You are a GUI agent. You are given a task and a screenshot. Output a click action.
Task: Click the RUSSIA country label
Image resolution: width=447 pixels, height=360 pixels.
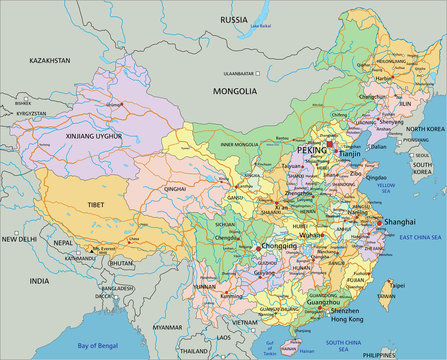pos(234,19)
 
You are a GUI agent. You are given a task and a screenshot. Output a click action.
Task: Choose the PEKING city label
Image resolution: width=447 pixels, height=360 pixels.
pos(310,149)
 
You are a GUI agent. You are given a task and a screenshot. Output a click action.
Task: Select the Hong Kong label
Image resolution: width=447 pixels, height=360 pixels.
pos(348,321)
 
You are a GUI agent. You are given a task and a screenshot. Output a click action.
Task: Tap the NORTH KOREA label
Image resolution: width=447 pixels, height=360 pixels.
pos(425,130)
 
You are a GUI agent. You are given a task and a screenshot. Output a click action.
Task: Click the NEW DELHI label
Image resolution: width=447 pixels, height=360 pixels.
pos(18,240)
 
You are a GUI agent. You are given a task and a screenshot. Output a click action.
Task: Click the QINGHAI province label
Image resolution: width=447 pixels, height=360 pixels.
pos(175,187)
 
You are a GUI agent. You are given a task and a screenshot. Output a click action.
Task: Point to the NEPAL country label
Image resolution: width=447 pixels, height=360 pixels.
pos(63,243)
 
